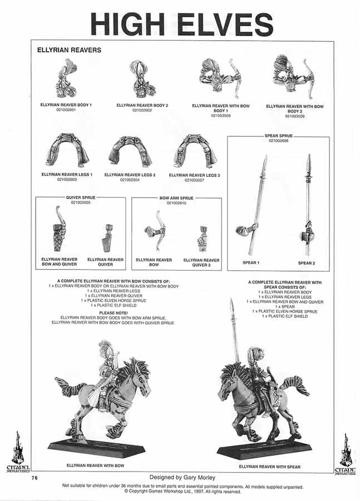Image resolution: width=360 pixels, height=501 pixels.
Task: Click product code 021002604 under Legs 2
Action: (x=130, y=179)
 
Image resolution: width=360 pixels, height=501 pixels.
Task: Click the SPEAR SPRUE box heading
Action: (x=278, y=136)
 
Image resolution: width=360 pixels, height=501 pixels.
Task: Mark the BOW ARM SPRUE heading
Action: (x=176, y=198)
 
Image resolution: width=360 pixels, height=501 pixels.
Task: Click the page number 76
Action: (x=34, y=478)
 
